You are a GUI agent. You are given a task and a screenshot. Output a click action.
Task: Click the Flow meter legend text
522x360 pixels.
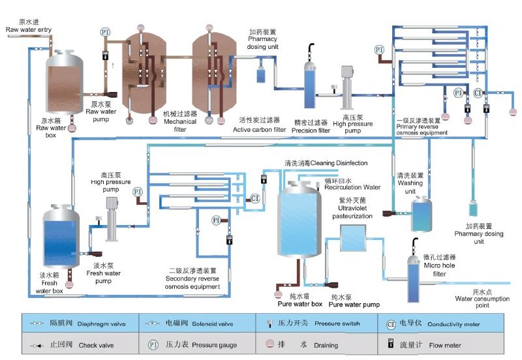[443, 345]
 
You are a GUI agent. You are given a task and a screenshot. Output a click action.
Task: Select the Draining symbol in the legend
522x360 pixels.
[268, 345]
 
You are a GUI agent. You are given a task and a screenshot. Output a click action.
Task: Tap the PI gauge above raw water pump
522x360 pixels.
[105, 32]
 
